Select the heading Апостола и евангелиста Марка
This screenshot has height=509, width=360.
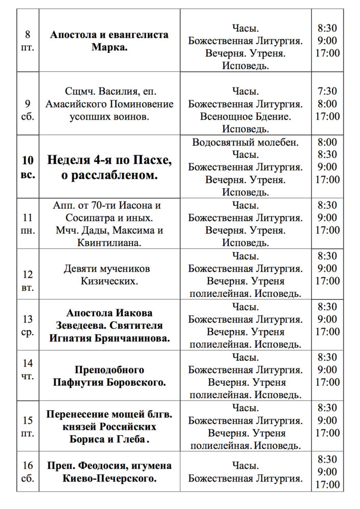(109, 41)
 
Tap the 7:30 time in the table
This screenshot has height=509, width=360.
(327, 92)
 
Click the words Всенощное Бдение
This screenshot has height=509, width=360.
(245, 117)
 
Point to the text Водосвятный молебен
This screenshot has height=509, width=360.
(245, 142)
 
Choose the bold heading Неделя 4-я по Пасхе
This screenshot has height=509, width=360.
(109, 160)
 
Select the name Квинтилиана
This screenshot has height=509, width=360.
(109, 243)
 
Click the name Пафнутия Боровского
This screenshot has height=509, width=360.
(109, 382)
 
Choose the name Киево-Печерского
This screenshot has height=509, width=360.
(109, 478)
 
